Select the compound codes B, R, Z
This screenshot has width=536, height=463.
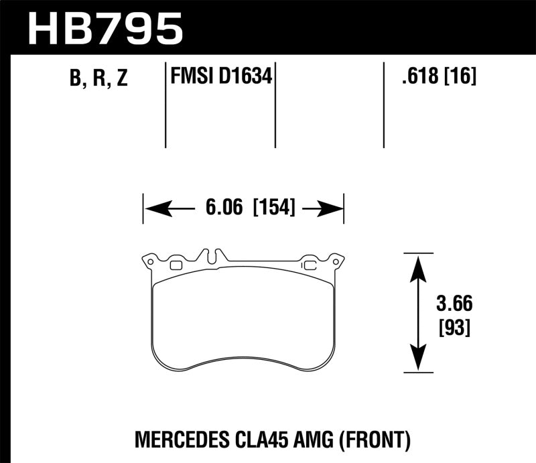(98, 78)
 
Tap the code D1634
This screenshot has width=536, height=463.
(247, 78)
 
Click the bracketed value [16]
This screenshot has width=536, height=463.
(460, 78)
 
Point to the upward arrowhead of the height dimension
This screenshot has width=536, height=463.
(418, 265)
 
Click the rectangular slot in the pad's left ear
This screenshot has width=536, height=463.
(176, 265)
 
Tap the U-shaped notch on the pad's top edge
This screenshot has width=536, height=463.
(212, 257)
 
